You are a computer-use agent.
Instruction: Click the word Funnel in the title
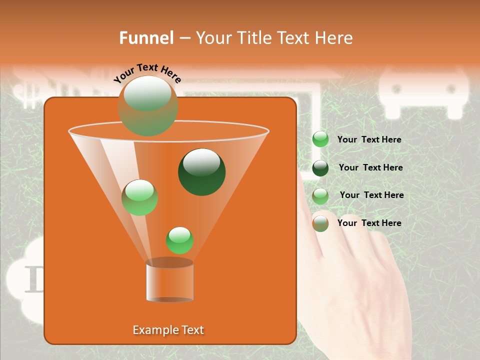click(x=146, y=38)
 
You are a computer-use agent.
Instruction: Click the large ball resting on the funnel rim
click(x=147, y=105)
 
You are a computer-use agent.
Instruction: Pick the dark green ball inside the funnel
click(x=201, y=171)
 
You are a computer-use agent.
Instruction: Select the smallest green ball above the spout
click(x=179, y=240)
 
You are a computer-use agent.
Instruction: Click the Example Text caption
click(x=168, y=330)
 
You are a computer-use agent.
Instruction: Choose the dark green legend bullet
click(x=320, y=168)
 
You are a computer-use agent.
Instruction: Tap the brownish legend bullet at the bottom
click(x=320, y=223)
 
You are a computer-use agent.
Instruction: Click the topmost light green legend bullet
click(x=320, y=139)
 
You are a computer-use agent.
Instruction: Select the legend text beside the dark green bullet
click(x=370, y=167)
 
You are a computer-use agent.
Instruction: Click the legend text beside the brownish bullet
click(x=369, y=223)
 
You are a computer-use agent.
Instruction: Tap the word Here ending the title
click(x=333, y=38)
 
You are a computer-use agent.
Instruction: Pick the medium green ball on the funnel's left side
click(x=139, y=197)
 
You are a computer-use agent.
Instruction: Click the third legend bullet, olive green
click(x=320, y=196)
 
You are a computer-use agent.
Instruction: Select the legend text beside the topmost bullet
click(x=369, y=139)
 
